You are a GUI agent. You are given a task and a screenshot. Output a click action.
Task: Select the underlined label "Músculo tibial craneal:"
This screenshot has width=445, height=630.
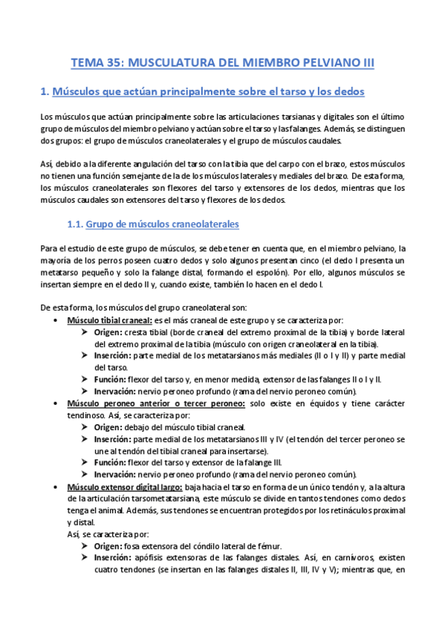pyautogui.click(x=109, y=320)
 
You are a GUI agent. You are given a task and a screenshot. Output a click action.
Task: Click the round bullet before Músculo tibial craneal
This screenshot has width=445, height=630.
pyautogui.click(x=58, y=320)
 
